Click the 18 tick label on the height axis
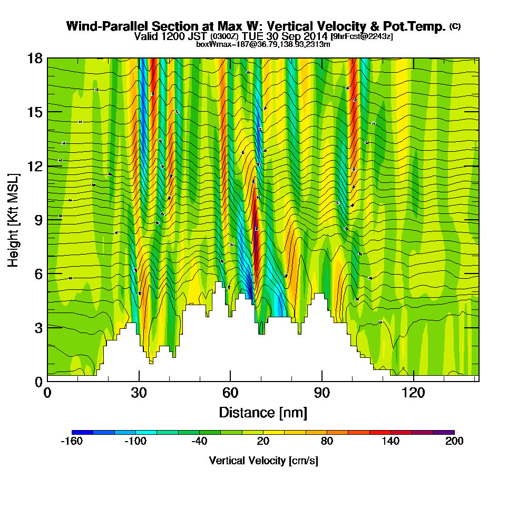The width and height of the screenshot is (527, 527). click(35, 58)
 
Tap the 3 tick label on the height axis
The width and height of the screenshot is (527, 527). click(38, 327)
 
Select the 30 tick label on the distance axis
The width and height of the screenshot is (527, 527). click(139, 393)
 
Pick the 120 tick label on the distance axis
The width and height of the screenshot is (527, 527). click(414, 393)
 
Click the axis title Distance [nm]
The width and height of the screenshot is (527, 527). click(263, 412)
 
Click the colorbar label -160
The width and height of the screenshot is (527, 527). click(72, 442)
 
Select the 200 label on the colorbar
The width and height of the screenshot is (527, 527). click(454, 442)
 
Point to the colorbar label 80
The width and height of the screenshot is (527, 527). click(327, 442)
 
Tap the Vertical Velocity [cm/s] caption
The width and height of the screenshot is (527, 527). click(263, 461)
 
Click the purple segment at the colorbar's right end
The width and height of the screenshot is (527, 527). click(444, 432)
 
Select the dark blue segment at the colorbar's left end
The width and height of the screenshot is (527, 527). click(82, 432)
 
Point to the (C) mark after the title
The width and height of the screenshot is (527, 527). click(455, 26)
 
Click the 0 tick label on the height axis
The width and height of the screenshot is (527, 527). click(38, 381)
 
